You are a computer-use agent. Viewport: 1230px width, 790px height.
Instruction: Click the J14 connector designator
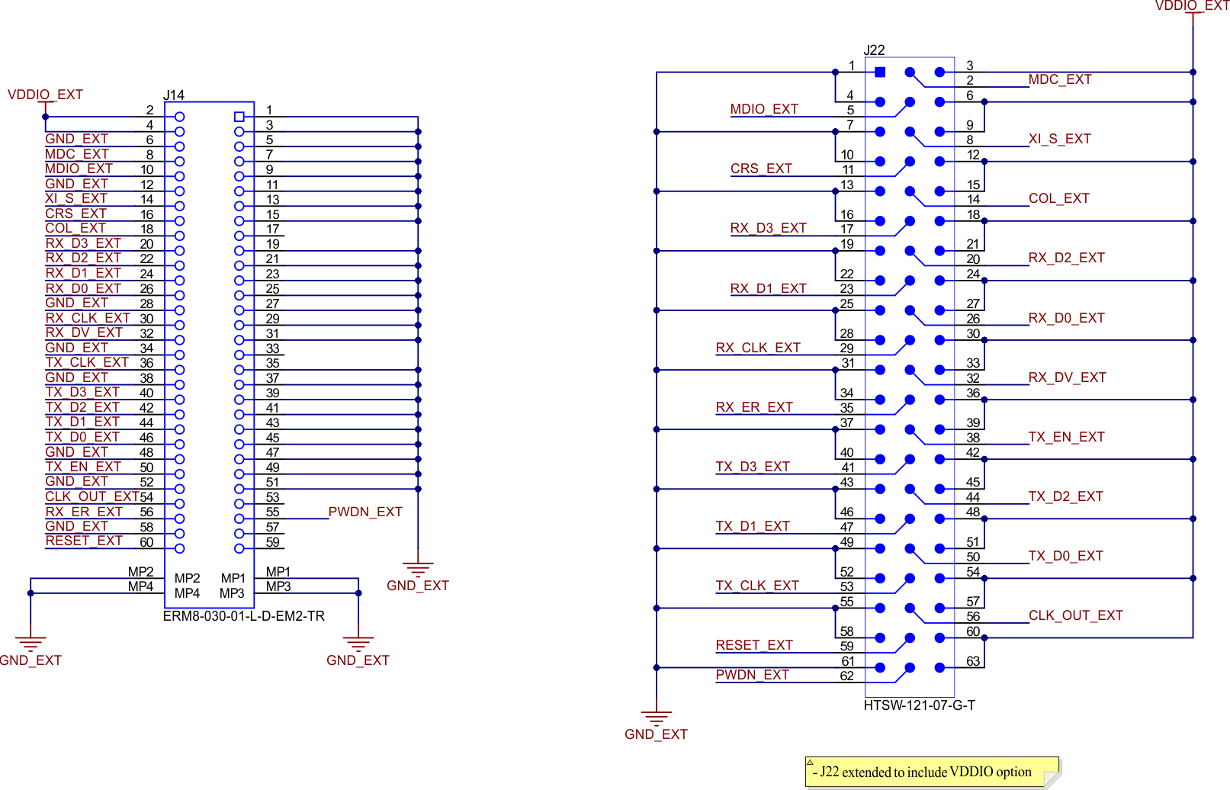pyautogui.click(x=174, y=95)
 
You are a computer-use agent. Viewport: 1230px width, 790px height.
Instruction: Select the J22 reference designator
pyautogui.click(x=874, y=50)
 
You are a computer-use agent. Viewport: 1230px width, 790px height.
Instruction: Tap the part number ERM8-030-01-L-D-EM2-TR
pyautogui.click(x=244, y=616)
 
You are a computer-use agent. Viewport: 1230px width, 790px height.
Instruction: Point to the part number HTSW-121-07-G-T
pyautogui.click(x=919, y=705)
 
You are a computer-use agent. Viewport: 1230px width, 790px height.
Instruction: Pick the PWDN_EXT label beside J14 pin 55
pyautogui.click(x=365, y=512)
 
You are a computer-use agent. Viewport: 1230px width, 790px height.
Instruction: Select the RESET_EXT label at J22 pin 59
pyautogui.click(x=754, y=645)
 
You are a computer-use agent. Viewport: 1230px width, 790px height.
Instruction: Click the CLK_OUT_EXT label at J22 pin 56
pyautogui.click(x=1075, y=615)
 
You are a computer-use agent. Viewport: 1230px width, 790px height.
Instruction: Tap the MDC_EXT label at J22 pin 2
pyautogui.click(x=1059, y=79)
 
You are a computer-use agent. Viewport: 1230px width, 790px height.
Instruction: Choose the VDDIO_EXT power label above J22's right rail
pyautogui.click(x=1191, y=6)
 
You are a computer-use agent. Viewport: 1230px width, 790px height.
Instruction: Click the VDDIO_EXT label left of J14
pyautogui.click(x=45, y=95)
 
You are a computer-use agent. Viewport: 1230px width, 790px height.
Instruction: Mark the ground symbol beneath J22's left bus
pyautogui.click(x=656, y=718)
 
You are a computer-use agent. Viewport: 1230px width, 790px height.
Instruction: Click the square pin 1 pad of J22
pyautogui.click(x=880, y=72)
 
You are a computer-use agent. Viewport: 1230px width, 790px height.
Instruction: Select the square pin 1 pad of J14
pyautogui.click(x=239, y=117)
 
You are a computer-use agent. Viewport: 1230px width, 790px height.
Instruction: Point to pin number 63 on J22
pyautogui.click(x=973, y=661)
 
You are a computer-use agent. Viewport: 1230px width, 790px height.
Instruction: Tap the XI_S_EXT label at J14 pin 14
pyautogui.click(x=76, y=198)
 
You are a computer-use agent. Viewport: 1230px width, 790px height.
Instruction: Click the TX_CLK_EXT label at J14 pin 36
pyautogui.click(x=87, y=362)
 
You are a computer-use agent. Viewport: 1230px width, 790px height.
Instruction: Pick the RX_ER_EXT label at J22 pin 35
pyautogui.click(x=754, y=407)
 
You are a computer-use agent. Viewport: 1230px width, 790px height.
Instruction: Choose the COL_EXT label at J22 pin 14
pyautogui.click(x=1058, y=198)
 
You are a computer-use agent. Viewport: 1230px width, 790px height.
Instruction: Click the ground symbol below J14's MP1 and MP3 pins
pyautogui.click(x=358, y=643)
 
